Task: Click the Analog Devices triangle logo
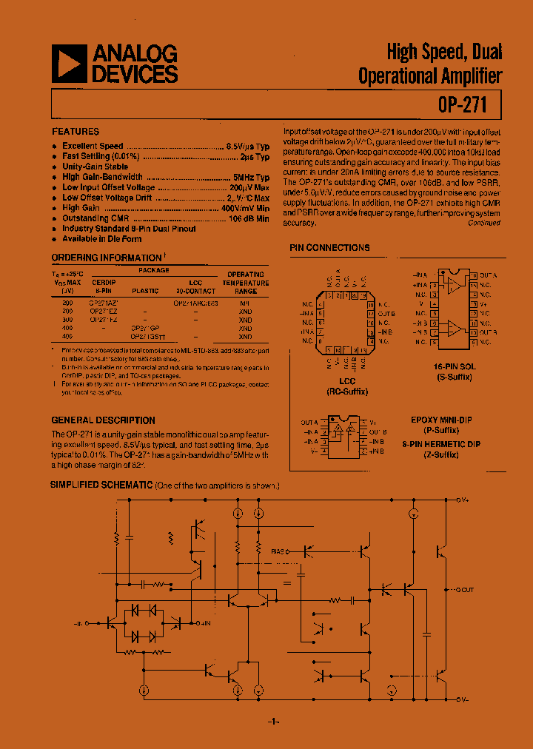tap(69, 64)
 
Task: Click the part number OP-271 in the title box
tap(463, 105)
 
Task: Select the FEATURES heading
tap(76, 131)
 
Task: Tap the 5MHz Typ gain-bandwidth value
tap(251, 178)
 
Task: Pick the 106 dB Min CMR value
tap(249, 219)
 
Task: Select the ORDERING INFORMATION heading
tap(106, 258)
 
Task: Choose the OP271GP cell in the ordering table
tap(144, 328)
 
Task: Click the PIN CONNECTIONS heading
tap(329, 248)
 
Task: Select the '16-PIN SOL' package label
tap(455, 367)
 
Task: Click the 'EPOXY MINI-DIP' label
tap(441, 420)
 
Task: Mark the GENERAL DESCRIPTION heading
tap(103, 420)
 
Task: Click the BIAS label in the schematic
tap(278, 551)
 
